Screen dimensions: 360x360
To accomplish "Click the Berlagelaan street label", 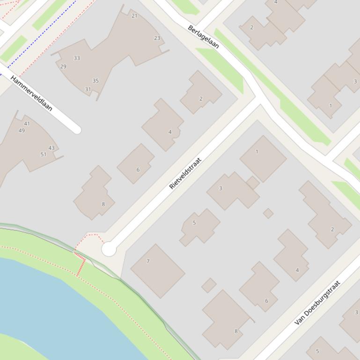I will click(203, 36).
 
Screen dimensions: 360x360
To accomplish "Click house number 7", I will click(148, 261).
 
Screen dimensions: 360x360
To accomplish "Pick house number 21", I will click(134, 15).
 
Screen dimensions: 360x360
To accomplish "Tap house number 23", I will click(157, 38).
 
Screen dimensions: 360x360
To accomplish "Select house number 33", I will click(77, 58).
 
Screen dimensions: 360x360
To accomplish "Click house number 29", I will click(63, 66).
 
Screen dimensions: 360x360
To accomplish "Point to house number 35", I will click(96, 80).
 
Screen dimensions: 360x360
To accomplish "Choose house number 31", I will click(88, 89).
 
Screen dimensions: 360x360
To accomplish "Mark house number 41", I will click(27, 123).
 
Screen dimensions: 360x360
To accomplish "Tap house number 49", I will click(22, 130).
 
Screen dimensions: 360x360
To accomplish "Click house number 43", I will click(51, 148).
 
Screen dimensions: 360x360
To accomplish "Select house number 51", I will click(43, 154).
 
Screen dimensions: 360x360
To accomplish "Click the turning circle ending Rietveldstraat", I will click(109, 250).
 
